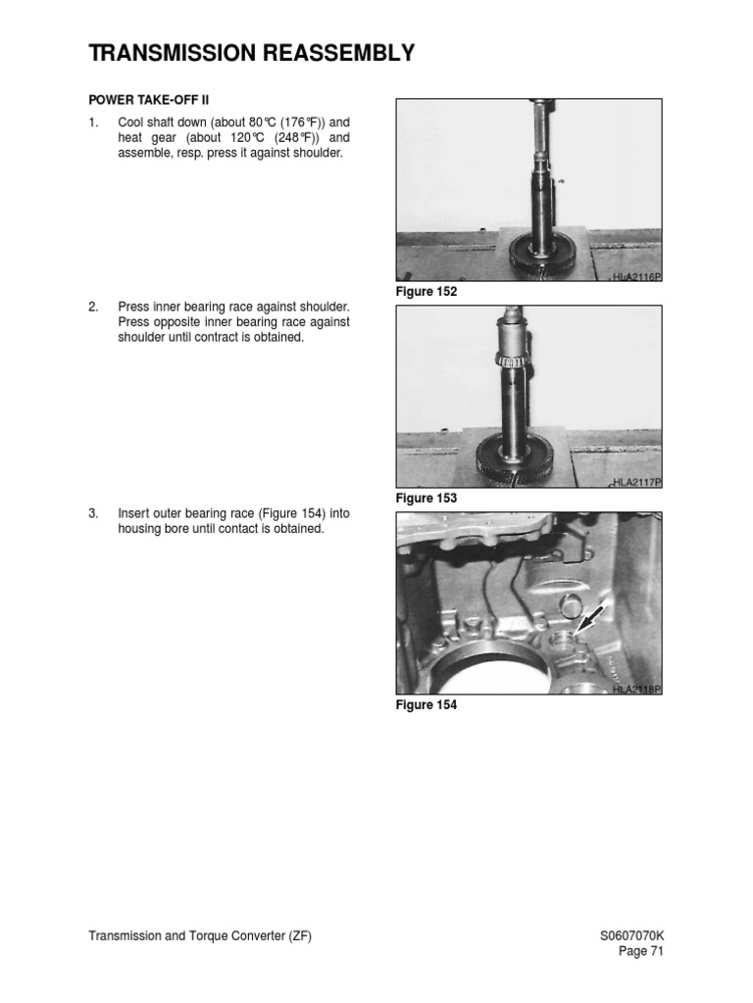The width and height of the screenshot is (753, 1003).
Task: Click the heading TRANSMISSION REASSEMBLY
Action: click(x=251, y=53)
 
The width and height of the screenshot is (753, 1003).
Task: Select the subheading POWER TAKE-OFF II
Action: click(x=149, y=99)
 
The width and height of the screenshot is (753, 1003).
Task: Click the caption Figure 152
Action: click(x=427, y=293)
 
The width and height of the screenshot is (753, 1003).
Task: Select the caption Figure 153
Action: click(x=427, y=499)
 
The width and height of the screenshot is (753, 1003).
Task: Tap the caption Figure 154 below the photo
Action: click(x=427, y=704)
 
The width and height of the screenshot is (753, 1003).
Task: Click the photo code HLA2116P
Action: click(x=636, y=278)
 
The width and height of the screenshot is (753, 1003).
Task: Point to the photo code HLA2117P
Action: click(x=636, y=483)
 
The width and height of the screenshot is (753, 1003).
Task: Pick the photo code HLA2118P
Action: click(x=636, y=690)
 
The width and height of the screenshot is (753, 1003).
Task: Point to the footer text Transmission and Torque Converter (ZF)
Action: click(x=200, y=935)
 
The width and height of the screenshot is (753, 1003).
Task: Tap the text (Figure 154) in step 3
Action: click(x=280, y=513)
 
